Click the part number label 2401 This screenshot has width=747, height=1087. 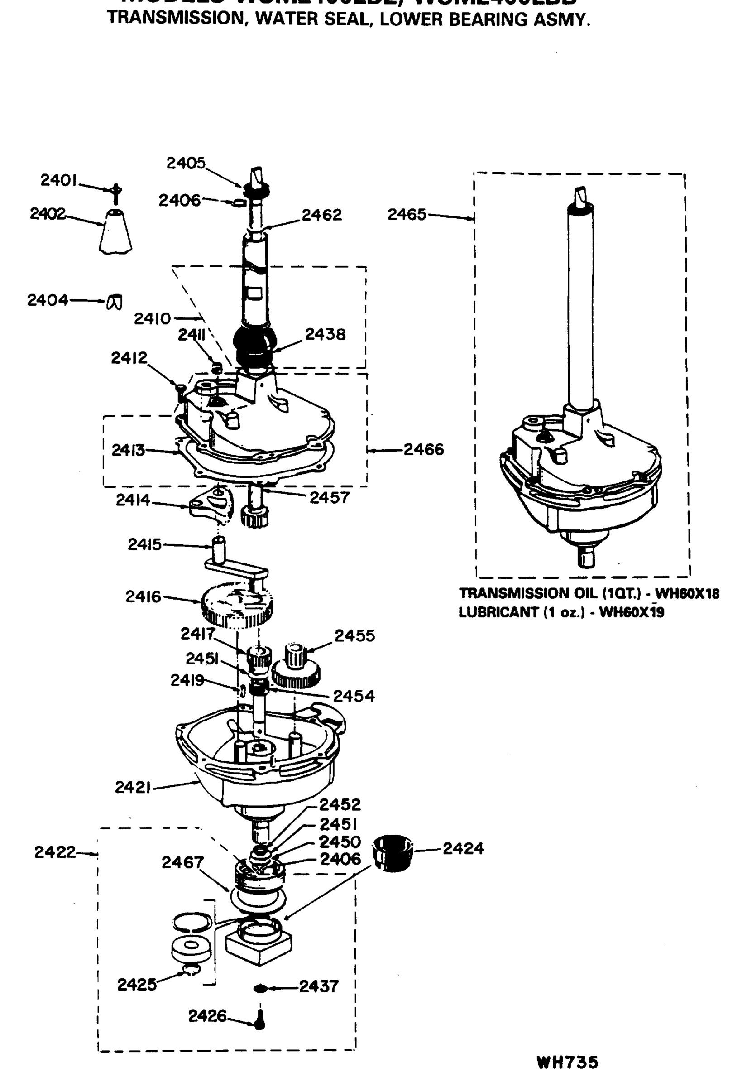point(58,180)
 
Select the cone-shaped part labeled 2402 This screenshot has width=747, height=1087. point(115,232)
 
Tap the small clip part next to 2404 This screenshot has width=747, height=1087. point(115,302)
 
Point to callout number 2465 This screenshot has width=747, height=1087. point(407,215)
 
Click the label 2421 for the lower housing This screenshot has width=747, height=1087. point(133,788)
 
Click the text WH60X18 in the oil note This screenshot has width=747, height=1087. point(687,594)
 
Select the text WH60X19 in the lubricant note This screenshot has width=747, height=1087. point(632,612)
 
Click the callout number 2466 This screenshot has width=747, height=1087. point(424,450)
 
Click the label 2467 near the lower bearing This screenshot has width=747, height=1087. point(182,862)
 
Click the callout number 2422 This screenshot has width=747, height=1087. point(55,852)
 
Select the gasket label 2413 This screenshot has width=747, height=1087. point(128,450)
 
